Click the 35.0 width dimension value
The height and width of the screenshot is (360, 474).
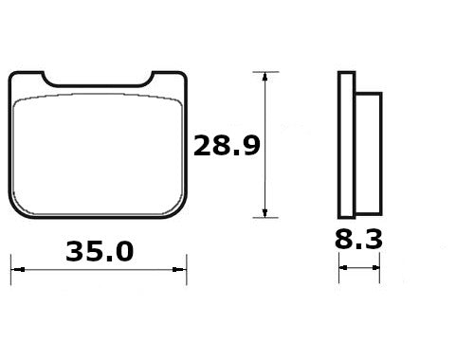pyautogui.click(x=100, y=252)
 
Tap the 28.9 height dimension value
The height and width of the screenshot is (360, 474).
pyautogui.click(x=227, y=146)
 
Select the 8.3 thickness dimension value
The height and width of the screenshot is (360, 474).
pyautogui.click(x=358, y=239)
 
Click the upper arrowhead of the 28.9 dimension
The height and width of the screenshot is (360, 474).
pyautogui.click(x=264, y=77)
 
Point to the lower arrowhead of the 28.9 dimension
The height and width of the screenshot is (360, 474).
pyautogui.click(x=264, y=213)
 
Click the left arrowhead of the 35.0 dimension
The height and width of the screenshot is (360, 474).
pyautogui.click(x=18, y=270)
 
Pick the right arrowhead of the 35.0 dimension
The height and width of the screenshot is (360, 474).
pyautogui.click(x=179, y=270)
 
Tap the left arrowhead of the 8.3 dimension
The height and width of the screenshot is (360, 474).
pyautogui.click(x=343, y=268)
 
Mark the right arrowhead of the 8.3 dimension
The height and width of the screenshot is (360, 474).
pyautogui.click(x=375, y=268)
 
